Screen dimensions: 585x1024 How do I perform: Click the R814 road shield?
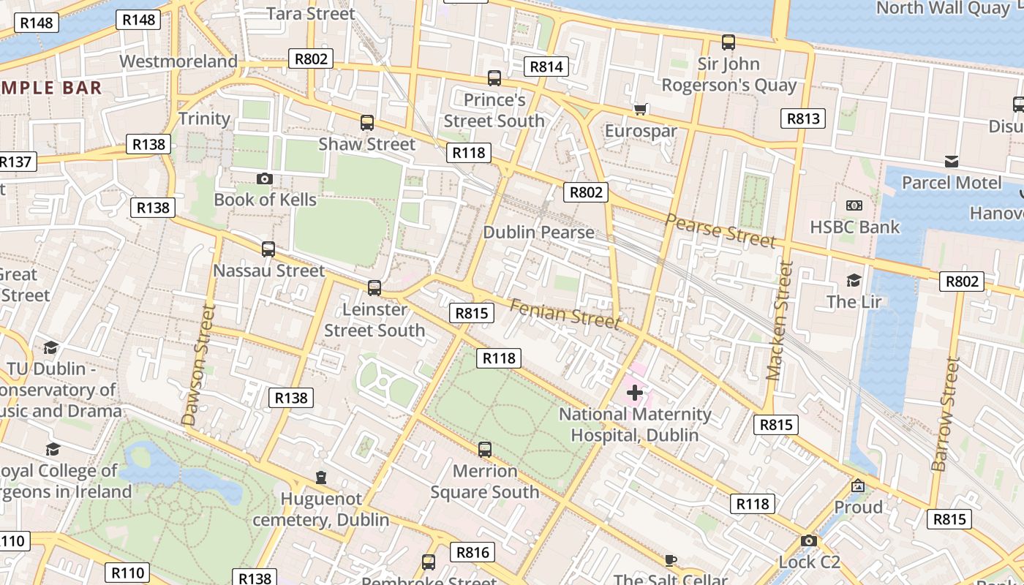coord(546,67)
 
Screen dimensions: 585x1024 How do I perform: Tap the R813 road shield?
coord(803,118)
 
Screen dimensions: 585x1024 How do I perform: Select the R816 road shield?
coord(473,552)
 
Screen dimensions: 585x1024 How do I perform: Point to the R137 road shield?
coord(15,162)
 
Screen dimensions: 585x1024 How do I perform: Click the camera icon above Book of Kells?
coord(265,178)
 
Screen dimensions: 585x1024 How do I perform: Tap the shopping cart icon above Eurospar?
coord(641,110)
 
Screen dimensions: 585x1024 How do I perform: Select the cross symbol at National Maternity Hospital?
coord(634,393)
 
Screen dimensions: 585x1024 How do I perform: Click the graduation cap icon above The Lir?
coord(854,280)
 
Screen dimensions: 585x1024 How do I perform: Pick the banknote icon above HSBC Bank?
coord(854,205)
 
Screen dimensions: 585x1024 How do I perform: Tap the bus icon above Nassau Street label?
coord(268,249)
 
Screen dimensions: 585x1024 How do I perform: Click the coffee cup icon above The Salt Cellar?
coord(670,560)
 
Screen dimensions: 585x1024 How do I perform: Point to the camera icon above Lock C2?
coord(808,540)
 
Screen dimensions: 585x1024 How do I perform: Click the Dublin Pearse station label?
coord(538,233)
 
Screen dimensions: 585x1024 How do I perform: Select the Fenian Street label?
coord(564,314)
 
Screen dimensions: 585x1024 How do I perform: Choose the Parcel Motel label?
coord(952,182)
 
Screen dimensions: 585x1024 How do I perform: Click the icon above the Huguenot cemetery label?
coord(320,478)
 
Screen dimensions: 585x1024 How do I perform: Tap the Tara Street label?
coord(311,13)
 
